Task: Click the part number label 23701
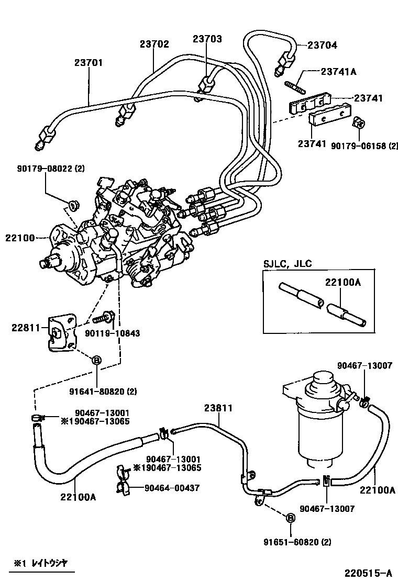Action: click(x=88, y=62)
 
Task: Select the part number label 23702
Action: click(x=154, y=44)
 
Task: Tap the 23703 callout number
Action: click(x=207, y=39)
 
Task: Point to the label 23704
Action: click(x=322, y=45)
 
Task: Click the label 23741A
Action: click(x=338, y=72)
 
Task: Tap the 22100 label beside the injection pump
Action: click(x=19, y=238)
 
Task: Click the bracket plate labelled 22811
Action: click(x=61, y=333)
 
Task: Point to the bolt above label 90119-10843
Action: click(x=105, y=317)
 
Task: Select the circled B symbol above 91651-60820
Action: click(x=291, y=518)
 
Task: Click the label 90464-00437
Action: click(x=165, y=488)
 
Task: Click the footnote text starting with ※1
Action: click(x=41, y=563)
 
